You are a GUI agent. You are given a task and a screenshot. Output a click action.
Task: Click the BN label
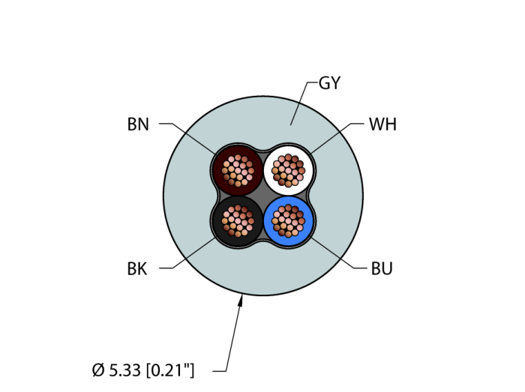pyautogui.click(x=138, y=124)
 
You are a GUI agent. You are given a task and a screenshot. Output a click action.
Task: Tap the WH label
pyautogui.click(x=382, y=124)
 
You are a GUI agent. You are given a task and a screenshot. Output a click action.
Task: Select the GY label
pyautogui.click(x=330, y=82)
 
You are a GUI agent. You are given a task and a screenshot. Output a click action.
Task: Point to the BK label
pyautogui.click(x=137, y=268)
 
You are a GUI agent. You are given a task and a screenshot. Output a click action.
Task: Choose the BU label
pyautogui.click(x=382, y=268)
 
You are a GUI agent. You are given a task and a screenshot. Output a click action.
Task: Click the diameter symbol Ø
pyautogui.click(x=98, y=370)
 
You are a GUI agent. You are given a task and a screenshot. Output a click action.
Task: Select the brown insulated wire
pyautogui.click(x=238, y=171)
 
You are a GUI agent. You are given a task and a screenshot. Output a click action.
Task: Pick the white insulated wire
pyautogui.click(x=288, y=171)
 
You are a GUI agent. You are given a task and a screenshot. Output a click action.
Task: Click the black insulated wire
pyautogui.click(x=238, y=221)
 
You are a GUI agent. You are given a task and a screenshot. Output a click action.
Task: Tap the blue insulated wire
pyautogui.click(x=288, y=221)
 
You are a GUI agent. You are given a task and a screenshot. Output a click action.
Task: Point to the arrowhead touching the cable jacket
pyautogui.click(x=240, y=301)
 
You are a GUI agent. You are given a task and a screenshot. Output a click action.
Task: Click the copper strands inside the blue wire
pyautogui.click(x=288, y=221)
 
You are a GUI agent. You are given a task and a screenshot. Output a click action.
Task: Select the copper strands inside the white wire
pyautogui.click(x=288, y=171)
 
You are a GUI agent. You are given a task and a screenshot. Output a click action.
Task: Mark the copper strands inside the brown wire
pyautogui.click(x=238, y=171)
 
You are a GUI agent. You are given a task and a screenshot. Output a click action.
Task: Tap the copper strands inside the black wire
pyautogui.click(x=238, y=221)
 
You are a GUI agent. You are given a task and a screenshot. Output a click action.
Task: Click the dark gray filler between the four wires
pyautogui.click(x=263, y=196)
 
